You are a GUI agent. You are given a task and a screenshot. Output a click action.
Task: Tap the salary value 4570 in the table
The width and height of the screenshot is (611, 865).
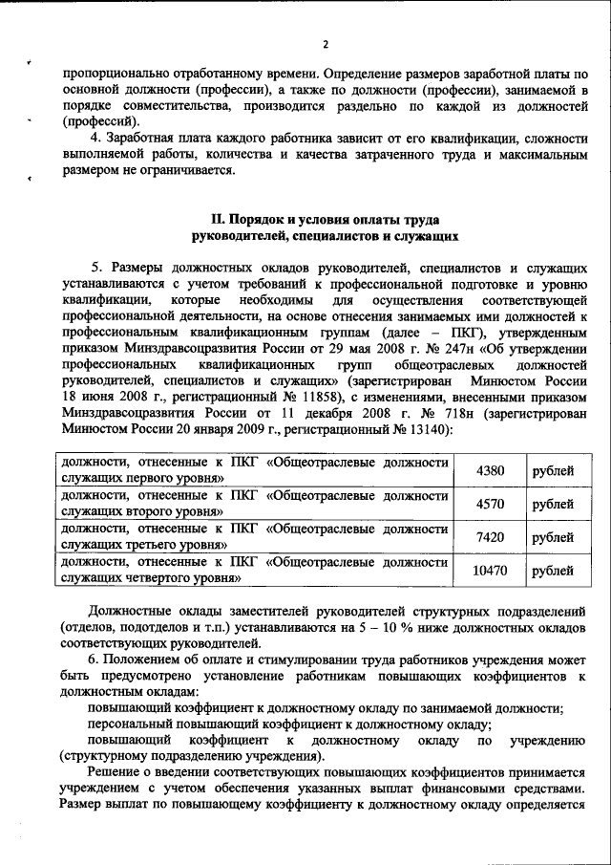[x=489, y=504]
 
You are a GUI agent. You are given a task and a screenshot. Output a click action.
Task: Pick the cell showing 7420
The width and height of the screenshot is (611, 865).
[x=489, y=537]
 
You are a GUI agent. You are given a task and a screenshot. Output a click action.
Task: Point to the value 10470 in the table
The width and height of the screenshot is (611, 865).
[x=489, y=571]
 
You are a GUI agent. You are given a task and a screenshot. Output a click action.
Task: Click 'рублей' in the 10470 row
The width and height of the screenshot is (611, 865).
[x=554, y=571]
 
